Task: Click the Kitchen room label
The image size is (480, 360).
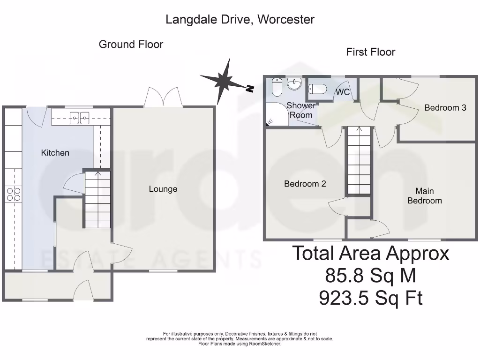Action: tap(55, 153)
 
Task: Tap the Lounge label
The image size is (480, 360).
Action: tap(163, 189)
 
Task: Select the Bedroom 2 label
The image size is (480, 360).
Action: tap(305, 184)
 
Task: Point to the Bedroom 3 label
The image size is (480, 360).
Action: tap(445, 107)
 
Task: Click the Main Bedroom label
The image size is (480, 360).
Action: tap(424, 196)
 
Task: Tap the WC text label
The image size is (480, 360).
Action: tap(343, 92)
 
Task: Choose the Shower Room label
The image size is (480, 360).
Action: tap(301, 110)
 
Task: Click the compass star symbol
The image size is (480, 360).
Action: tap(224, 80)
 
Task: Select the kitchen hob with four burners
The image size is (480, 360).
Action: tap(13, 194)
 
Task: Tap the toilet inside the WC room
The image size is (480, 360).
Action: tap(318, 89)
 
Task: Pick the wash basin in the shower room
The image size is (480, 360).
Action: tap(295, 84)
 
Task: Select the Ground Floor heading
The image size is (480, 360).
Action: tap(131, 45)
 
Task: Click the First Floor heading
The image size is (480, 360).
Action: tap(370, 52)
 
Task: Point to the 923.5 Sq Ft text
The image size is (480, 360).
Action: tap(371, 298)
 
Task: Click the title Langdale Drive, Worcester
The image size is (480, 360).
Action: tap(240, 20)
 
